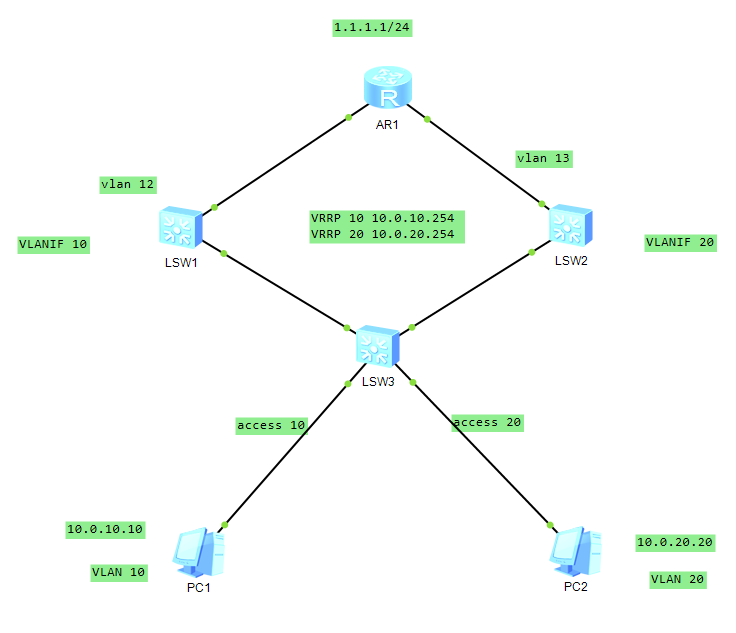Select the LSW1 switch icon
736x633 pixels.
click(x=180, y=229)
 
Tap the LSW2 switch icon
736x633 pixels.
click(x=570, y=226)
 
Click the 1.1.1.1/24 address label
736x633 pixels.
click(x=373, y=27)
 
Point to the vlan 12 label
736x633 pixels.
click(x=128, y=184)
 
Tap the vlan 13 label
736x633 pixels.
click(x=544, y=158)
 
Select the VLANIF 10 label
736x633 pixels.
click(x=53, y=244)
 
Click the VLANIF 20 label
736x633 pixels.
click(x=680, y=242)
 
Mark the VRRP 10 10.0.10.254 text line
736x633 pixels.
click(x=389, y=218)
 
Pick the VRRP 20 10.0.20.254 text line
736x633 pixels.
click(x=389, y=234)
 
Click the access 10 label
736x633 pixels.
click(x=271, y=425)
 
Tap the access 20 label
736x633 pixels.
click(x=488, y=422)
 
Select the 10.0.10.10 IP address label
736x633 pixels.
click(x=105, y=529)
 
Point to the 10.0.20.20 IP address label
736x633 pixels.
click(x=675, y=542)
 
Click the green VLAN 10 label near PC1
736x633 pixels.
click(x=119, y=573)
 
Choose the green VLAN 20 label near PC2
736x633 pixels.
click(x=677, y=579)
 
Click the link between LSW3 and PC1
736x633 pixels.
click(x=285, y=454)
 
